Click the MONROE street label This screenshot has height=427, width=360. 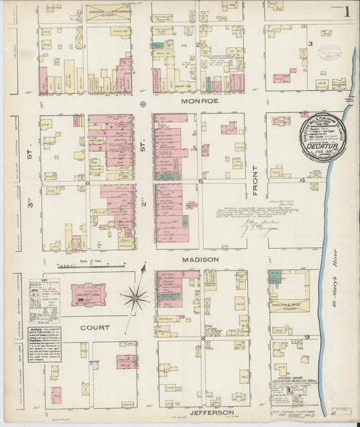pyautogui.click(x=199, y=101)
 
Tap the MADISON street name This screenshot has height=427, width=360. pyautogui.click(x=199, y=259)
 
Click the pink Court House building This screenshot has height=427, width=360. pyautogui.click(x=88, y=295)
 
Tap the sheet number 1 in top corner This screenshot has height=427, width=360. pyautogui.click(x=346, y=11)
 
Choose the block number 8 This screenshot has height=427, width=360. pyautogui.click(x=203, y=336)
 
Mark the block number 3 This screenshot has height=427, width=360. pyautogui.click(x=310, y=44)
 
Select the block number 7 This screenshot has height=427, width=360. pyautogui.click(x=90, y=363)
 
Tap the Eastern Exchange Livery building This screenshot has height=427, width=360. pyautogui.click(x=108, y=12)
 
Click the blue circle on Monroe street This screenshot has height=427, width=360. pyautogui.click(x=143, y=104)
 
